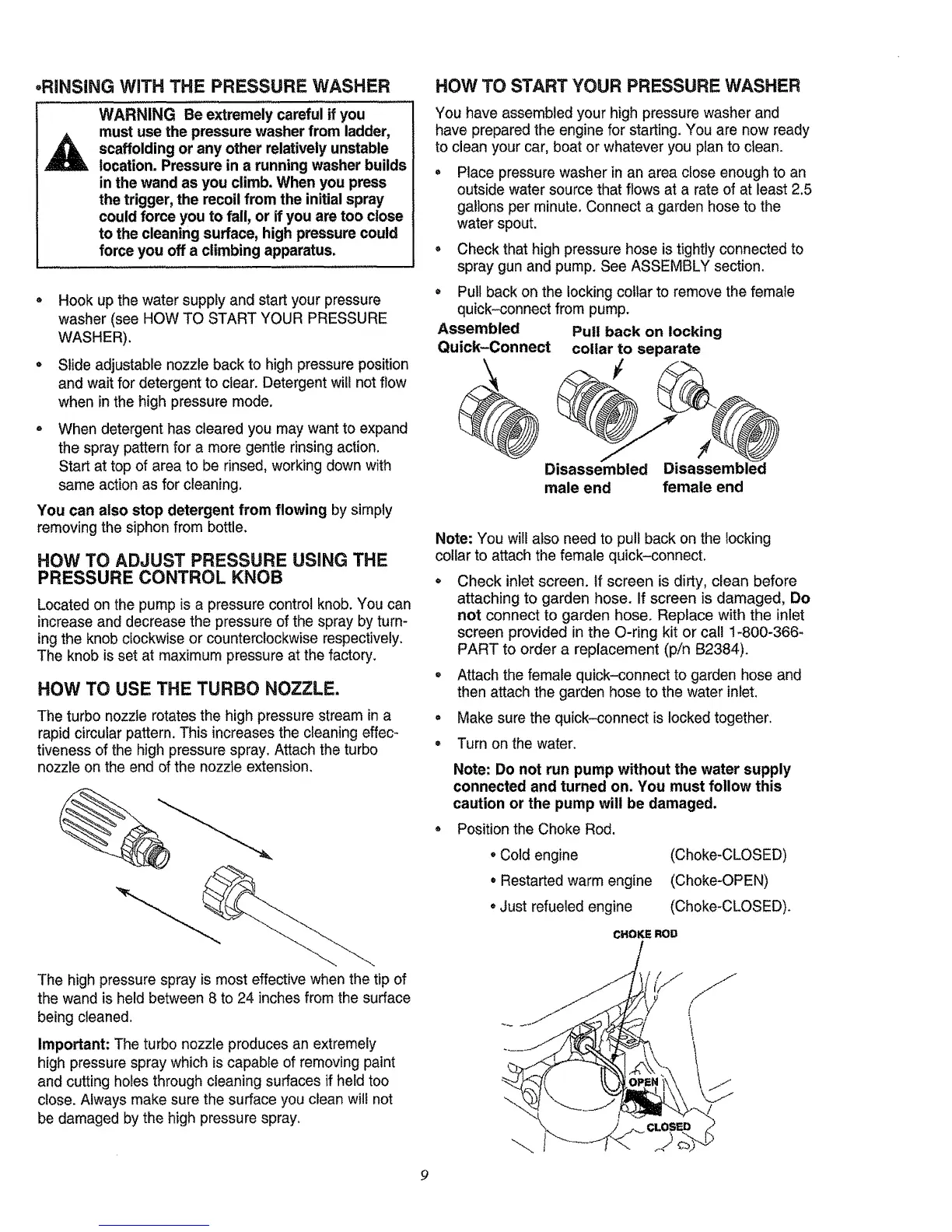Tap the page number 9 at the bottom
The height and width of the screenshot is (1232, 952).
coord(422,1175)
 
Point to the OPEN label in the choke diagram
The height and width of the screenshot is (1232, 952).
coord(642,1082)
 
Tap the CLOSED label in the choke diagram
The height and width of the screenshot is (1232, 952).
coord(670,1126)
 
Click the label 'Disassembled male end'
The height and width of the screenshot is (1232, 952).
coord(596,478)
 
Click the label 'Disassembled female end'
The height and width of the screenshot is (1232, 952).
coord(713,478)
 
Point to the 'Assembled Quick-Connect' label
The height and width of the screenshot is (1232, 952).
coord(493,338)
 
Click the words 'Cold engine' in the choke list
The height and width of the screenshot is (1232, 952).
coord(539,856)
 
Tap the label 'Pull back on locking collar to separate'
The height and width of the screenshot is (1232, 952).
coord(646,341)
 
